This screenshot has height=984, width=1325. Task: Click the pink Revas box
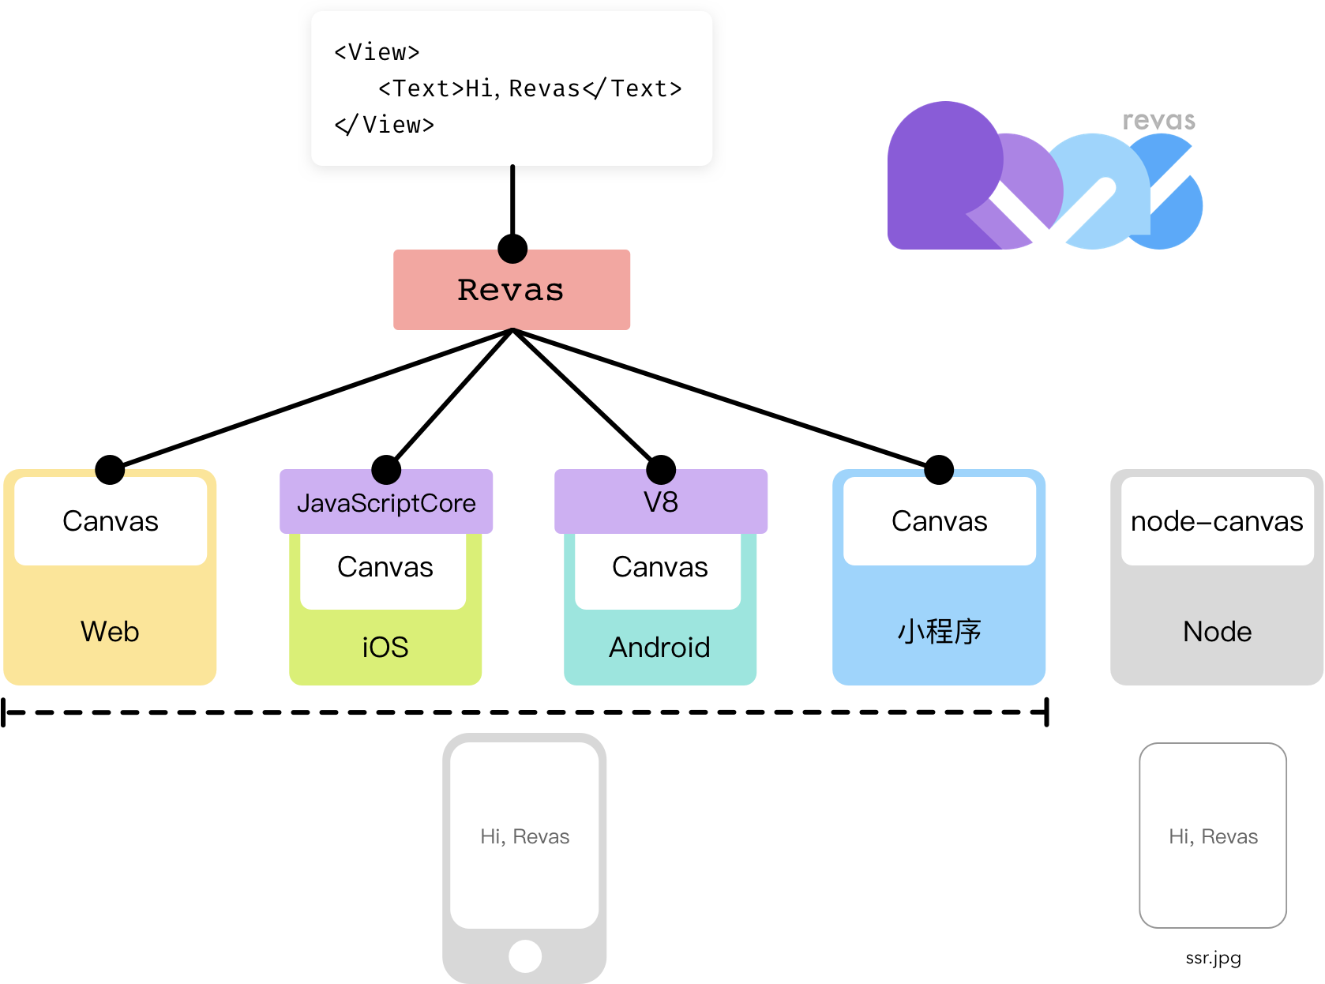point(512,290)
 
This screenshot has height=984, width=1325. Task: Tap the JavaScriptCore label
point(386,503)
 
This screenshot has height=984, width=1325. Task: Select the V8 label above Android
point(661,502)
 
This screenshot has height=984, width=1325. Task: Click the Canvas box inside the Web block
point(111,521)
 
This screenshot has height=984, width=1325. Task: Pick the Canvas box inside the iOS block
point(385,567)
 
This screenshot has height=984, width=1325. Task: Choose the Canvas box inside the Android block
point(659,567)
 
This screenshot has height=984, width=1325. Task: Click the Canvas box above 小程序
point(939,521)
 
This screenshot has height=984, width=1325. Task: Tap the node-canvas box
point(1216,521)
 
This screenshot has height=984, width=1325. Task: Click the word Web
point(110,632)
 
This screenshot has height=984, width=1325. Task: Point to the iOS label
point(385,648)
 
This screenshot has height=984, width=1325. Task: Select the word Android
point(659,648)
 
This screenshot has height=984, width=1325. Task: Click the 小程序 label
point(939,632)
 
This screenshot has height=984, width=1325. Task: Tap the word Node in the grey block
point(1217,632)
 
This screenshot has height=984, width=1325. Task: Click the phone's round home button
point(525,956)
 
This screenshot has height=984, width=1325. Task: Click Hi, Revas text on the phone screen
point(524,836)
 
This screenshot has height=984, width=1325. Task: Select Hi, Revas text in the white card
point(1213,836)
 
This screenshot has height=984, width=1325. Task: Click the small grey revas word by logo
point(1158,121)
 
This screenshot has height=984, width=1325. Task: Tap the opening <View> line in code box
point(377,52)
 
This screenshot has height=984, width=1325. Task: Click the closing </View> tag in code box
point(385,125)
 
